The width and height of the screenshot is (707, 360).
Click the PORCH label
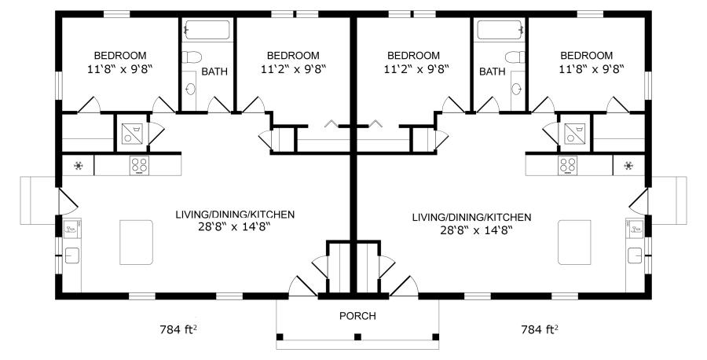click(357, 316)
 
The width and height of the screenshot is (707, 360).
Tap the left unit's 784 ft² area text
click(178, 329)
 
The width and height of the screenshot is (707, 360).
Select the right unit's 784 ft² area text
click(540, 329)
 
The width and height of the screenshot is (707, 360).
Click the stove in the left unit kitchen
click(139, 166)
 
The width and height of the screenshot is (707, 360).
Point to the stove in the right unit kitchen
click(568, 166)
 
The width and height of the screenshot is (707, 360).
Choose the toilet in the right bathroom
click(515, 57)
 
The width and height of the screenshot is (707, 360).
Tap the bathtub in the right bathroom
click(499, 30)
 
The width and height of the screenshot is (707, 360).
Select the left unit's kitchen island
click(136, 242)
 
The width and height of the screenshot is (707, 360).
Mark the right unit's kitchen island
click(574, 242)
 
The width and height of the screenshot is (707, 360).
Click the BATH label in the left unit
click(214, 72)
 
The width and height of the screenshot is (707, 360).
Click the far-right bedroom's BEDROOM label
click(587, 56)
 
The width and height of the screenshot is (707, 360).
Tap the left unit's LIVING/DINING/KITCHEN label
click(235, 215)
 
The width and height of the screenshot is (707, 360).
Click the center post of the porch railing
click(357, 336)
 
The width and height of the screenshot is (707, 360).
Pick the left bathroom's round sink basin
click(191, 89)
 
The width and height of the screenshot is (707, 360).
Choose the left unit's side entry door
click(68, 202)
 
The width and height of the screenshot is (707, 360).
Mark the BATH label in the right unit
click(493, 72)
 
